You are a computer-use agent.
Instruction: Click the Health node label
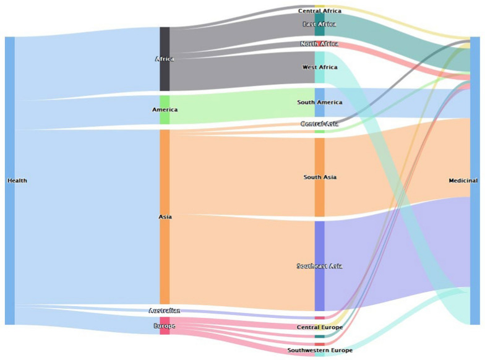(x=17, y=181)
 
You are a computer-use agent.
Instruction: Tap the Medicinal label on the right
(x=463, y=181)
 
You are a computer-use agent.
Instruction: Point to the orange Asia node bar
(x=165, y=260)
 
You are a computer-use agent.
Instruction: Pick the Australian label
(x=165, y=311)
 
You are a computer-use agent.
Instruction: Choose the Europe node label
(x=165, y=326)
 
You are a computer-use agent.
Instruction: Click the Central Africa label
(x=319, y=11)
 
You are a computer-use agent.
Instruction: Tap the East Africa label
(x=319, y=24)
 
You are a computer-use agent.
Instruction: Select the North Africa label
(x=319, y=44)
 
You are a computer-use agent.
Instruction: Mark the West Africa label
(x=319, y=67)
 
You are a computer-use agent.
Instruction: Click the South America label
(x=319, y=103)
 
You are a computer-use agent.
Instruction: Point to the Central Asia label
(x=319, y=124)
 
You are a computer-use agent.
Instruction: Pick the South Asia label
(x=319, y=178)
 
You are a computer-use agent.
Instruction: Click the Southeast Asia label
(x=319, y=266)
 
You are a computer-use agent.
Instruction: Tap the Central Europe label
(x=319, y=327)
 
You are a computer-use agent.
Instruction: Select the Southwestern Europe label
(x=319, y=350)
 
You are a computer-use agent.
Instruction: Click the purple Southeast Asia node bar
(x=319, y=291)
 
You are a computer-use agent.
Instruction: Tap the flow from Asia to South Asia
(x=241, y=167)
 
